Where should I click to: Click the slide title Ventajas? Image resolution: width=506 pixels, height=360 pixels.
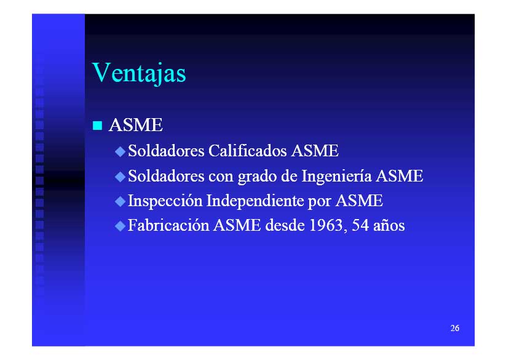coord(139,73)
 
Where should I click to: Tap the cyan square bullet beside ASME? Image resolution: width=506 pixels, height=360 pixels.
coord(98,126)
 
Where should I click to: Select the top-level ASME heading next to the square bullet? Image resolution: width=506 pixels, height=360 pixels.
coord(136,125)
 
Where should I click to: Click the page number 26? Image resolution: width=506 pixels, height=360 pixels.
coord(455,328)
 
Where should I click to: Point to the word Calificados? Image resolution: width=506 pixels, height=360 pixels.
coord(248,151)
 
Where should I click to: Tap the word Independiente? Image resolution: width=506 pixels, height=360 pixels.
coord(255,201)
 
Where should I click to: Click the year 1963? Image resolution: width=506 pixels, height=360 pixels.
coord(326,225)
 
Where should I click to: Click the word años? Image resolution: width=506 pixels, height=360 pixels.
coord(389,225)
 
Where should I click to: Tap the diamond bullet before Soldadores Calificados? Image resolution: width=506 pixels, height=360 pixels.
coord(120,151)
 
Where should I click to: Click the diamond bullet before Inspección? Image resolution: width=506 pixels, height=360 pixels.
coord(120,201)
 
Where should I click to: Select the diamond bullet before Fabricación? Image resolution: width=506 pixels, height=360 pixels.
coord(120,226)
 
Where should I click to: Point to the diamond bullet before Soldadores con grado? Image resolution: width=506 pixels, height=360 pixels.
coord(120,177)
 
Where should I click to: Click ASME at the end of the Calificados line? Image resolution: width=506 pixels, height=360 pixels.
coord(315,151)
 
